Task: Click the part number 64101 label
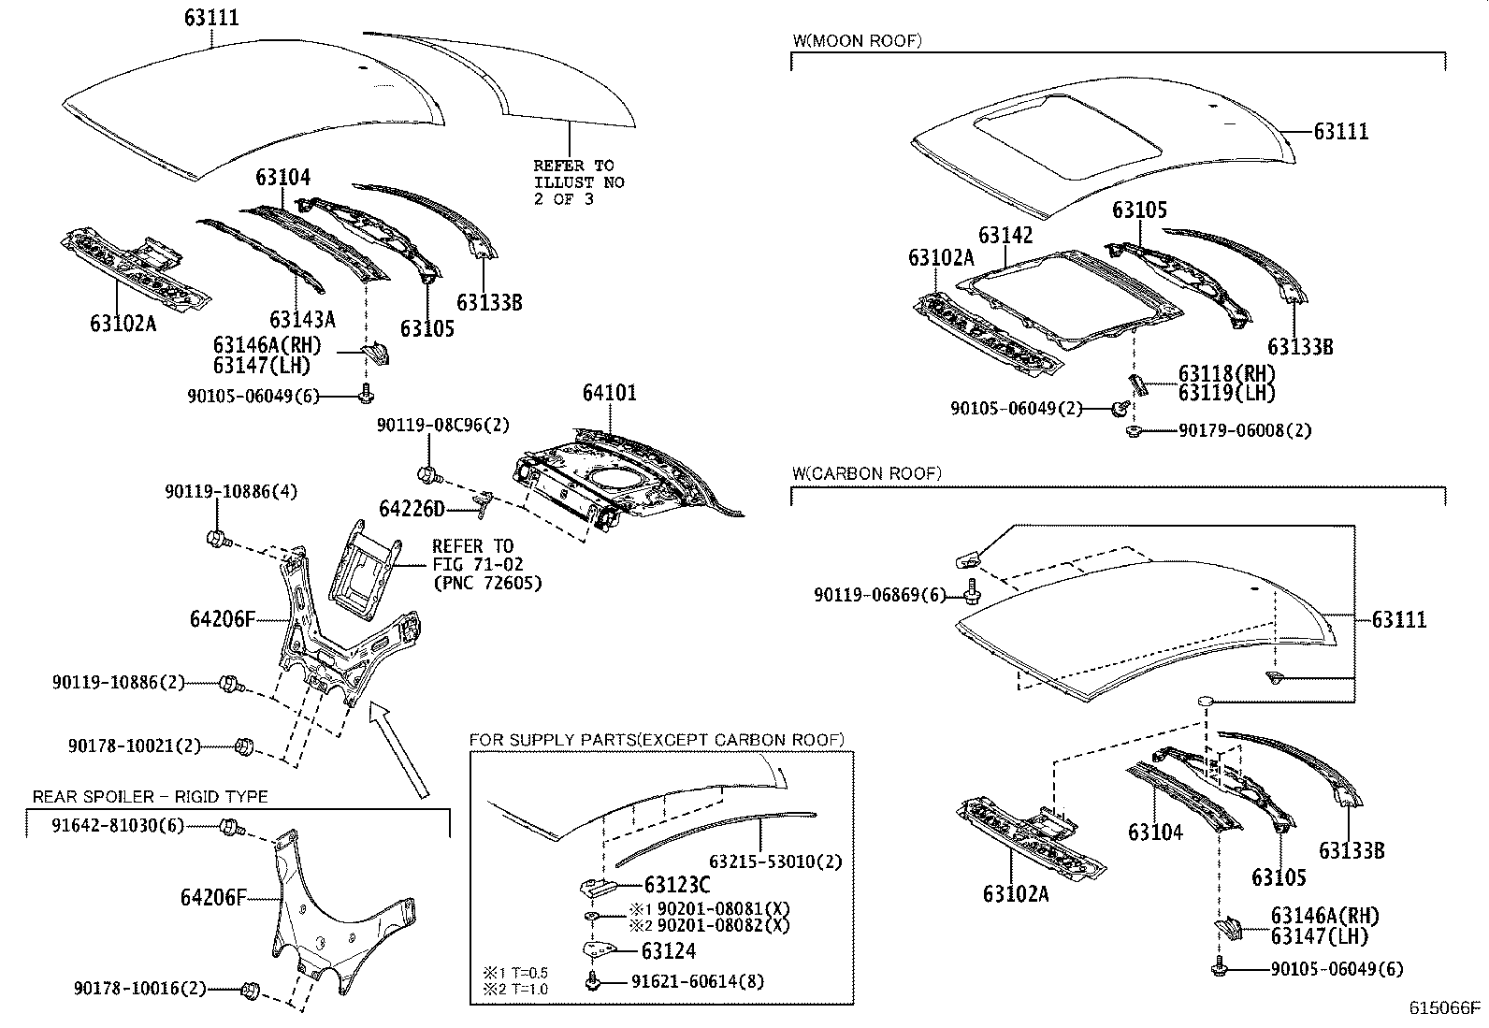click(x=609, y=393)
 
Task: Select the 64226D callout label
click(x=411, y=508)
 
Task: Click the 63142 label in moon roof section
click(x=1005, y=235)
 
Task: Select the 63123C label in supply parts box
click(x=677, y=885)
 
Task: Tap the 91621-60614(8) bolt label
click(x=697, y=981)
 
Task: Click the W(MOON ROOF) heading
click(x=857, y=40)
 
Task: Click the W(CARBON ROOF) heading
click(x=866, y=473)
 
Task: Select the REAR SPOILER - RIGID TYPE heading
click(x=150, y=797)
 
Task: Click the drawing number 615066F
click(x=1446, y=1007)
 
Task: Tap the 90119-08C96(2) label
click(x=443, y=425)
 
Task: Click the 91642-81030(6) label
click(x=118, y=825)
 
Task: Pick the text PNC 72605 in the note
click(x=486, y=583)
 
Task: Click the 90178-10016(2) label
click(x=139, y=988)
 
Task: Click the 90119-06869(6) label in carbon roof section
click(x=880, y=595)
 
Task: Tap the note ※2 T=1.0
click(x=516, y=989)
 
